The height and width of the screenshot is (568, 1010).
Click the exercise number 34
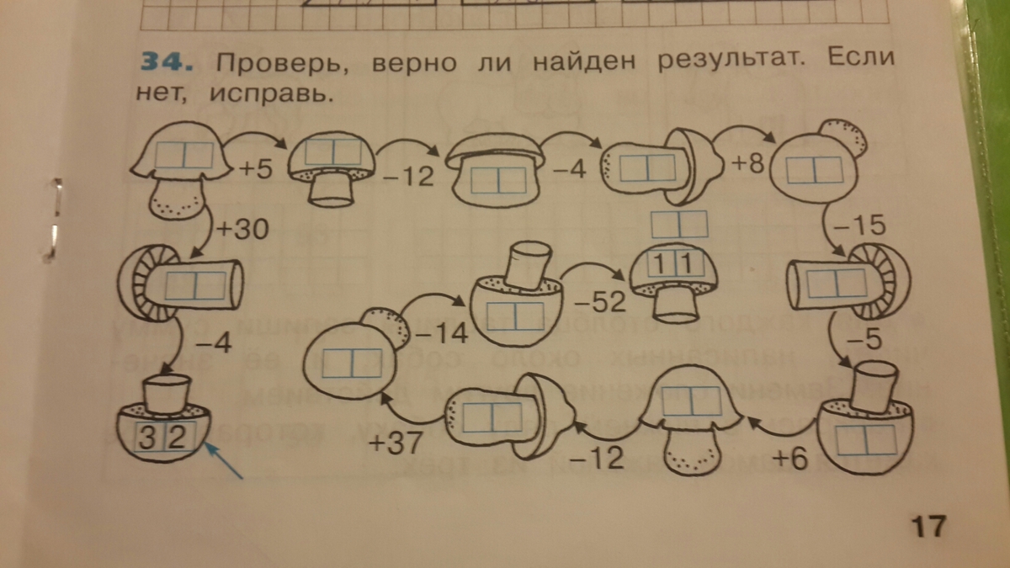click(x=166, y=63)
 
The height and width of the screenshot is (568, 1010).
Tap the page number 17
click(x=928, y=527)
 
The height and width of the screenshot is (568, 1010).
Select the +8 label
click(x=745, y=163)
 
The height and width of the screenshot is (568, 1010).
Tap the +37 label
click(x=395, y=443)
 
